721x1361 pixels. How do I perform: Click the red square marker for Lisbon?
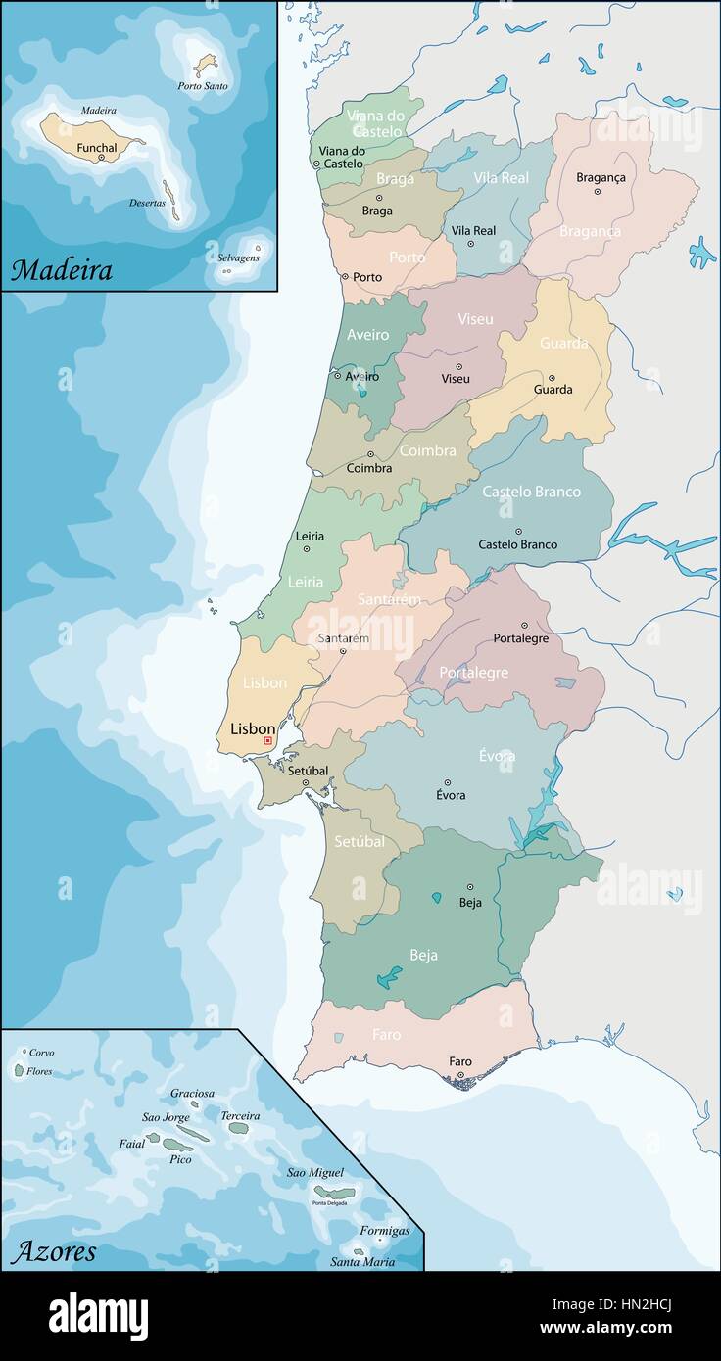point(267,741)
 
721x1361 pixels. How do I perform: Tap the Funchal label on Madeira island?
point(97,147)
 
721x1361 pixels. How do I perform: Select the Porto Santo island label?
point(203,86)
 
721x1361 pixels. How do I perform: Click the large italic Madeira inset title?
point(62,270)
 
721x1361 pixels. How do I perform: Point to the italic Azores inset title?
point(55,1250)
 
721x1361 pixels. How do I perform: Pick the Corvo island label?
point(41,1053)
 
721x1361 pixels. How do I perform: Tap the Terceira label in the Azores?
point(240,1115)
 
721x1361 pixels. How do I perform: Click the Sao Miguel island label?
point(315,1172)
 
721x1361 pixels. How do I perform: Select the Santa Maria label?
point(362,1262)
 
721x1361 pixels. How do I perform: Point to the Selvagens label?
point(238,258)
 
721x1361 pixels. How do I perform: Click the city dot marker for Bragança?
point(597,191)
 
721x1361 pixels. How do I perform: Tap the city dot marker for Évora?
point(447,782)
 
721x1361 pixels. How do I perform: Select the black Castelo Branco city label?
point(517,544)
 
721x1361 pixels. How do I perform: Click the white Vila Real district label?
point(501,178)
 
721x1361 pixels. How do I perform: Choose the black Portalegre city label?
point(520,638)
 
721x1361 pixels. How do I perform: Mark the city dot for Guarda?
point(552,377)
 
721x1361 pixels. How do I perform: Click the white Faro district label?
point(386,1034)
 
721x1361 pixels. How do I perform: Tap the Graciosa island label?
point(192,1093)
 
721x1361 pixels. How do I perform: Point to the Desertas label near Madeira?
point(147,204)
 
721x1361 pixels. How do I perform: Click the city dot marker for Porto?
point(345,277)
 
